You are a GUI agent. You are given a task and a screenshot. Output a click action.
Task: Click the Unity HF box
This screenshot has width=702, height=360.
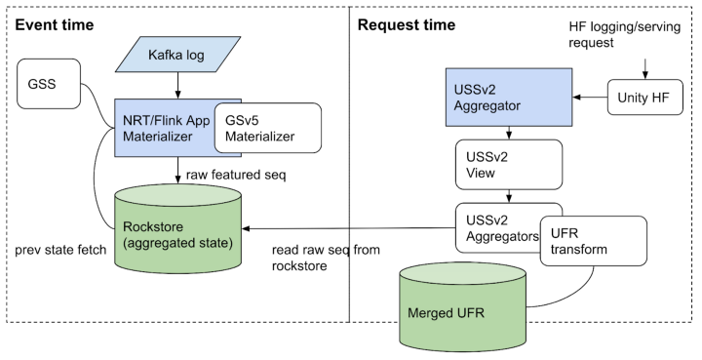(643, 97)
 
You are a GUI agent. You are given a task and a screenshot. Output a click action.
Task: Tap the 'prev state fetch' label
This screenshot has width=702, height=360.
(56, 251)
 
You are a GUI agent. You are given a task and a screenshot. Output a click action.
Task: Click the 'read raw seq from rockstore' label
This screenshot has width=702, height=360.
(322, 257)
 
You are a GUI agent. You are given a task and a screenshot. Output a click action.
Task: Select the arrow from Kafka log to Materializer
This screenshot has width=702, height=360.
(178, 85)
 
